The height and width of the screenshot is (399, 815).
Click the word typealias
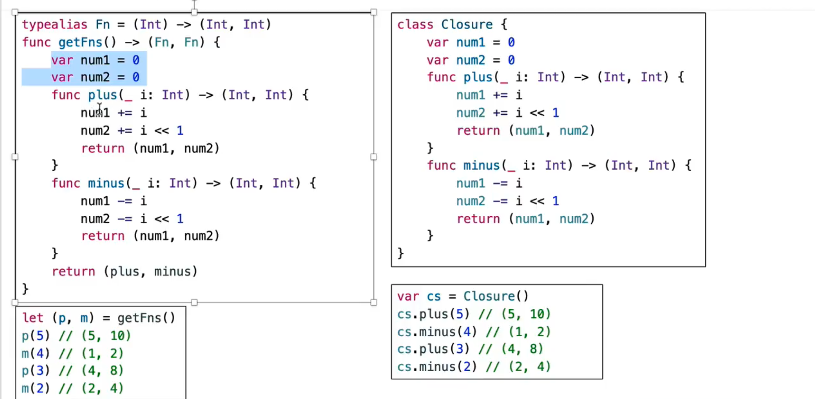[54, 25]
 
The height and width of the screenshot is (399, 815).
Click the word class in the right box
[415, 25]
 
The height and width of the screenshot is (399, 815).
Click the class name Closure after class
[466, 25]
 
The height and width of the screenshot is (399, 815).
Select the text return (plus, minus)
[124, 271]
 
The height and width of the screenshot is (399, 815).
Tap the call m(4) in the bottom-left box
[36, 353]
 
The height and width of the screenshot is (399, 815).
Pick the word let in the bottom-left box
[32, 318]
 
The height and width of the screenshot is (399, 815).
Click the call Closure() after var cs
[495, 296]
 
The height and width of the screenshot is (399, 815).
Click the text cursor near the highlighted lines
[99, 109]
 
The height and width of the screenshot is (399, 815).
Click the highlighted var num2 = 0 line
[95, 77]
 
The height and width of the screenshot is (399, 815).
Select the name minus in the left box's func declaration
[106, 183]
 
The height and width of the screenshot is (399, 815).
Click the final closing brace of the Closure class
[401, 254]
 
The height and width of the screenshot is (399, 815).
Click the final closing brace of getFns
[25, 289]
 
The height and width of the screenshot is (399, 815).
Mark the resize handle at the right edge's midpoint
[374, 157]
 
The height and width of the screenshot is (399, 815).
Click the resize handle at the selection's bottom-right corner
[374, 302]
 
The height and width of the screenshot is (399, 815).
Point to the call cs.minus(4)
[437, 331]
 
